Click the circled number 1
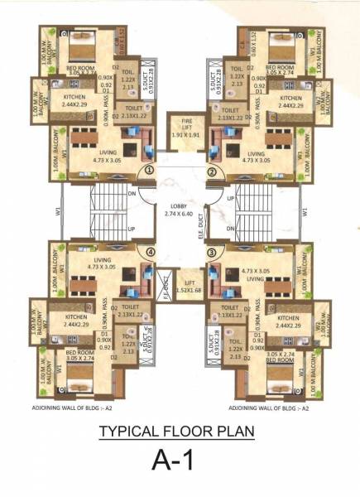(150, 171)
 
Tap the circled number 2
(211, 171)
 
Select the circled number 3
(211, 253)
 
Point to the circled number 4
(150, 253)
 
